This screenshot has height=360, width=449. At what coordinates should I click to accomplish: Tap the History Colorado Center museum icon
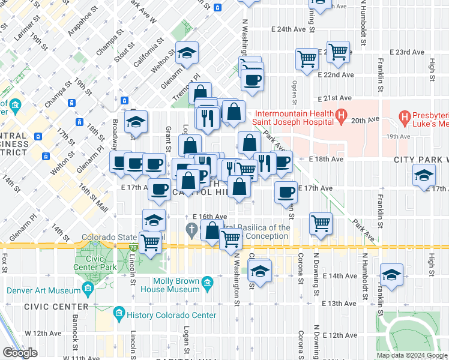[119, 313]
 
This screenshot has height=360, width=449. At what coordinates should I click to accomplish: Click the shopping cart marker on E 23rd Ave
[338, 52]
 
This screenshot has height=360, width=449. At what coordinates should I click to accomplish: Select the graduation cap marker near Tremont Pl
[187, 53]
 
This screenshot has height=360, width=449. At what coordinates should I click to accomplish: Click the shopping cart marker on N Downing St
[321, 223]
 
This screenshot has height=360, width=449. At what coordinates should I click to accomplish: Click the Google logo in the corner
[20, 353]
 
